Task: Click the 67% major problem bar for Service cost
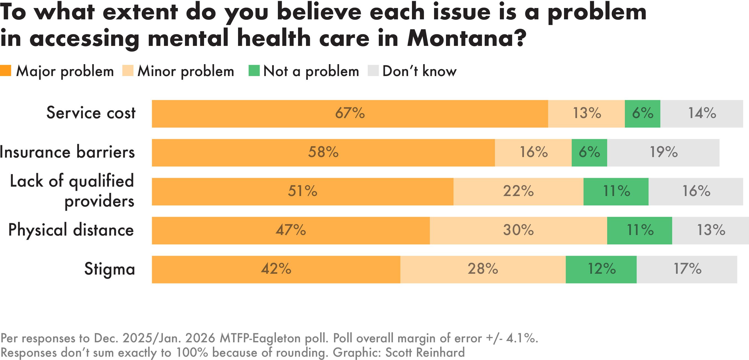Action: point(350,113)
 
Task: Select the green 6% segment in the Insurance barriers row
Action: point(589,152)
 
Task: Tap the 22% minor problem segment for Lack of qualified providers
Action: point(518,191)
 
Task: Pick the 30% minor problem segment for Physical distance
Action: point(518,230)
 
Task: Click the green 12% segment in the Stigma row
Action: point(601,269)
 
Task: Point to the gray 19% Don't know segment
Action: point(663,152)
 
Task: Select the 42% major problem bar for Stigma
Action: point(276,269)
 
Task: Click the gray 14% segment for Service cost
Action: point(702,113)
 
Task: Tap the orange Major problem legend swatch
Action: point(6,71)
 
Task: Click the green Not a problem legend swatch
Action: point(254,71)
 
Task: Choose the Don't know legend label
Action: point(419,71)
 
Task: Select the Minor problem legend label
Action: point(186,71)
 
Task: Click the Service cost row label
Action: point(91,113)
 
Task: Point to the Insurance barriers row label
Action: point(67,152)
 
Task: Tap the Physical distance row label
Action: point(71,230)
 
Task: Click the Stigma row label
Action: point(109,269)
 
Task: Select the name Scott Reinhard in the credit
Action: point(425,353)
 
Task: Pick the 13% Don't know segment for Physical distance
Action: point(711,230)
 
